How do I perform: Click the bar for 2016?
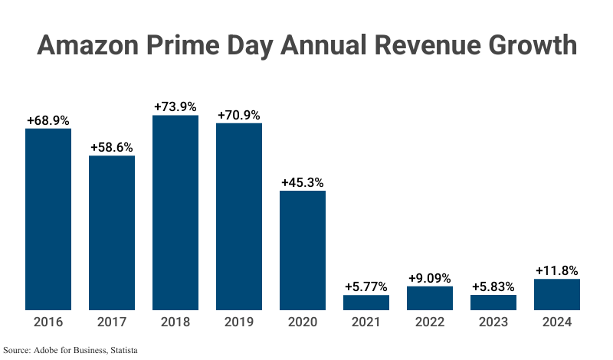tap(48, 219)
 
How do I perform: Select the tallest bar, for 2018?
tap(175, 213)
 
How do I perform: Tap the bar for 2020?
tap(303, 250)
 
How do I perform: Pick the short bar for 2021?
tap(366, 303)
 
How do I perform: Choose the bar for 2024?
tap(557, 295)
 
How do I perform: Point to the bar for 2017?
tap(112, 233)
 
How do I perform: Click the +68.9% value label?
tap(48, 120)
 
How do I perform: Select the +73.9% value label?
tap(175, 107)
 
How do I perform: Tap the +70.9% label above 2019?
tap(239, 115)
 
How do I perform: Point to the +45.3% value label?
tap(303, 182)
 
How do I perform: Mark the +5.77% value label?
tap(366, 286)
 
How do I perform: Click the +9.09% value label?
tap(430, 278)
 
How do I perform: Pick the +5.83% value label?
tap(493, 286)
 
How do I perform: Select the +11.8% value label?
tap(557, 270)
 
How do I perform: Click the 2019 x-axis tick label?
tap(239, 322)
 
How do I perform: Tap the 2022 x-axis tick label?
tap(430, 322)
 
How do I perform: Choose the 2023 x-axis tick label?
tap(493, 322)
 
